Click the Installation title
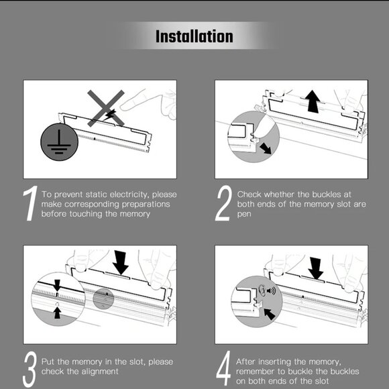coord(194,36)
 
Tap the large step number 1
coord(30,203)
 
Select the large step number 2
coord(223,203)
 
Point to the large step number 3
coord(30,369)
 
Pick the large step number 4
coord(224,368)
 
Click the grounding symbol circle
coord(59,142)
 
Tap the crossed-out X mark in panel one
coord(106,108)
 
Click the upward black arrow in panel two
coord(313,102)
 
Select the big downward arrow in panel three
coord(121,262)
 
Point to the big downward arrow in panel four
coord(316,268)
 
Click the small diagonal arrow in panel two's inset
coord(266,148)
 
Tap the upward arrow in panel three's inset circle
coord(57,313)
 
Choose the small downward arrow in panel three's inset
coord(57,285)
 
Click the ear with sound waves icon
coord(267,290)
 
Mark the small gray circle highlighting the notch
coord(103,298)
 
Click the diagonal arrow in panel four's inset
coord(270,315)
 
